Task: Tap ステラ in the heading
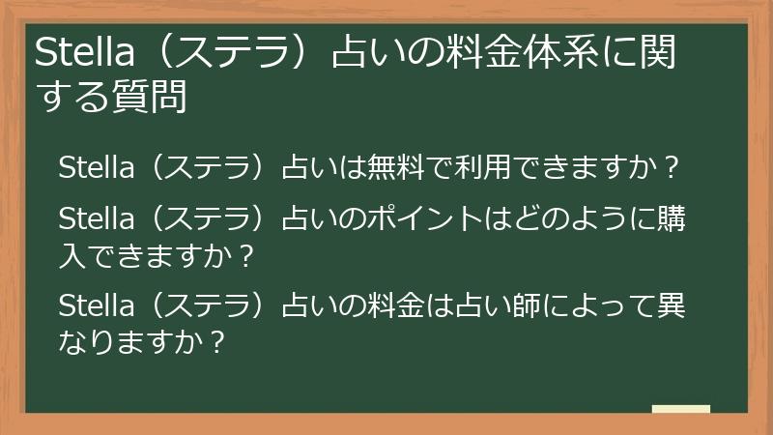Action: point(233,56)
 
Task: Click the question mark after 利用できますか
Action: point(674,169)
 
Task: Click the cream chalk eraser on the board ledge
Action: point(681,409)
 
